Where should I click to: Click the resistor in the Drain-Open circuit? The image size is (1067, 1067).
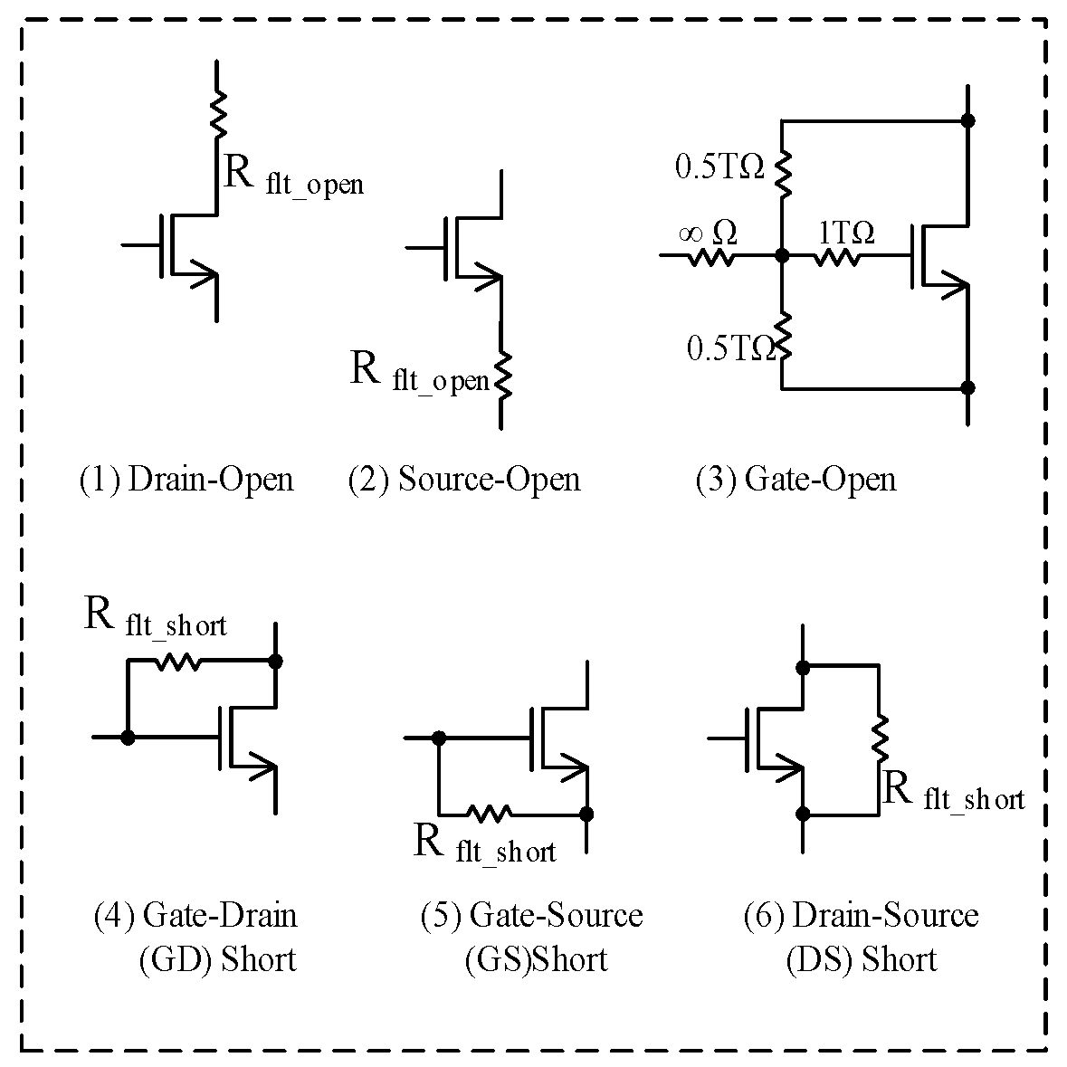(x=217, y=112)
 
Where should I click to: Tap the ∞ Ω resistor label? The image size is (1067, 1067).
(x=708, y=233)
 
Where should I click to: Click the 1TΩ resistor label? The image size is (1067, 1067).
(x=846, y=233)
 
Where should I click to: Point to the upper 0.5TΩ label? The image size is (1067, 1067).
(x=720, y=167)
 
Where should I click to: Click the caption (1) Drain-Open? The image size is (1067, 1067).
(x=186, y=479)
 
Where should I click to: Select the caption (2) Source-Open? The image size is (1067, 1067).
(x=463, y=479)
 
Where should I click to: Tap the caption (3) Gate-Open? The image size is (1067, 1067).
(x=795, y=479)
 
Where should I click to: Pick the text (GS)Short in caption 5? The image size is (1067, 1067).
(x=535, y=958)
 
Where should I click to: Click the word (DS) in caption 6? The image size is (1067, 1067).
(x=818, y=958)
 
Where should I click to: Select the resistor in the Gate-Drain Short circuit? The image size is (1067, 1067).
(x=178, y=662)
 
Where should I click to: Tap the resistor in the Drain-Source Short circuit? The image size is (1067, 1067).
(x=879, y=738)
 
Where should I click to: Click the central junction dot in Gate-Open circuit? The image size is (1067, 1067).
(x=782, y=257)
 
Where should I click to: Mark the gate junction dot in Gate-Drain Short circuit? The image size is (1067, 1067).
(x=129, y=738)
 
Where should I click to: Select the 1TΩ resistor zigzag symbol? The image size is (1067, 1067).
(x=838, y=258)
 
